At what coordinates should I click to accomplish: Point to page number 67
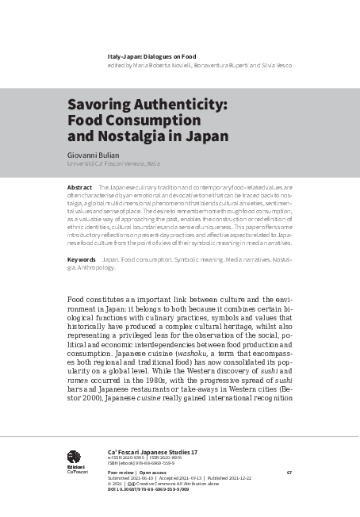tap(289, 473)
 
